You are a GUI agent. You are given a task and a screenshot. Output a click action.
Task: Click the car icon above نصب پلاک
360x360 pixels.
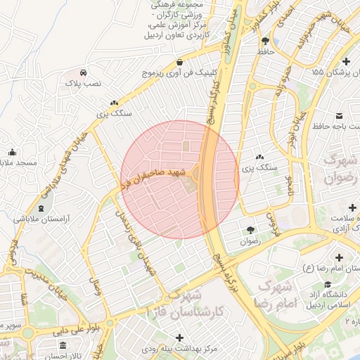(x=84, y=72)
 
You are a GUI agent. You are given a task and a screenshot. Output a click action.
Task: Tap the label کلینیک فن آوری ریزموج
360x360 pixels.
(x=181, y=72)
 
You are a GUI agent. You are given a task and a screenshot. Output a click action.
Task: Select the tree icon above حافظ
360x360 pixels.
(x=264, y=41)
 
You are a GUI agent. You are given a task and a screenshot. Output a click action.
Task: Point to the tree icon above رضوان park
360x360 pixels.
(x=250, y=230)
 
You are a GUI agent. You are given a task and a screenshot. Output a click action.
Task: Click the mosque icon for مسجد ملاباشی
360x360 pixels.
(x=12, y=153)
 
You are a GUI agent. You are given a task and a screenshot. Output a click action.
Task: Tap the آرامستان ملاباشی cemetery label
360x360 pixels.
(x=44, y=219)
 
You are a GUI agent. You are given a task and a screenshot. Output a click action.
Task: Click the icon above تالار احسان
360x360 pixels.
(x=63, y=346)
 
